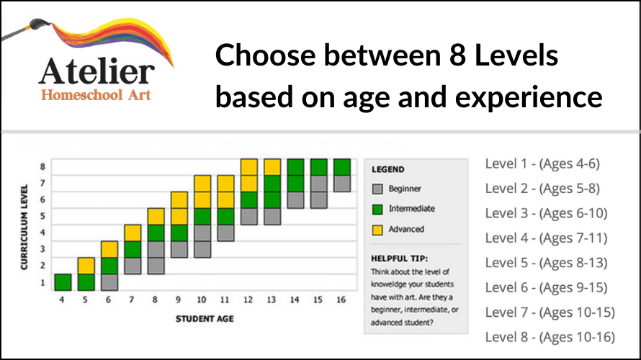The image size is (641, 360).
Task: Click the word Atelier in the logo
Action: [x=97, y=71]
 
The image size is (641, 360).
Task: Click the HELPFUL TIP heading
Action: [x=399, y=257]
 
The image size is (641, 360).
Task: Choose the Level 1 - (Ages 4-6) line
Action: [x=542, y=163]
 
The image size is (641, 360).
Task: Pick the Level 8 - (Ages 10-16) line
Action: [x=549, y=336]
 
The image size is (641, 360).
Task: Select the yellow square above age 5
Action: [x=86, y=266]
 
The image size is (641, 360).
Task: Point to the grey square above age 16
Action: [x=342, y=183]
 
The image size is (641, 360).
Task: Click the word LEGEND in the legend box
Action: [x=387, y=170]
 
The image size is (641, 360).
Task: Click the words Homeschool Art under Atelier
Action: [x=97, y=95]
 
